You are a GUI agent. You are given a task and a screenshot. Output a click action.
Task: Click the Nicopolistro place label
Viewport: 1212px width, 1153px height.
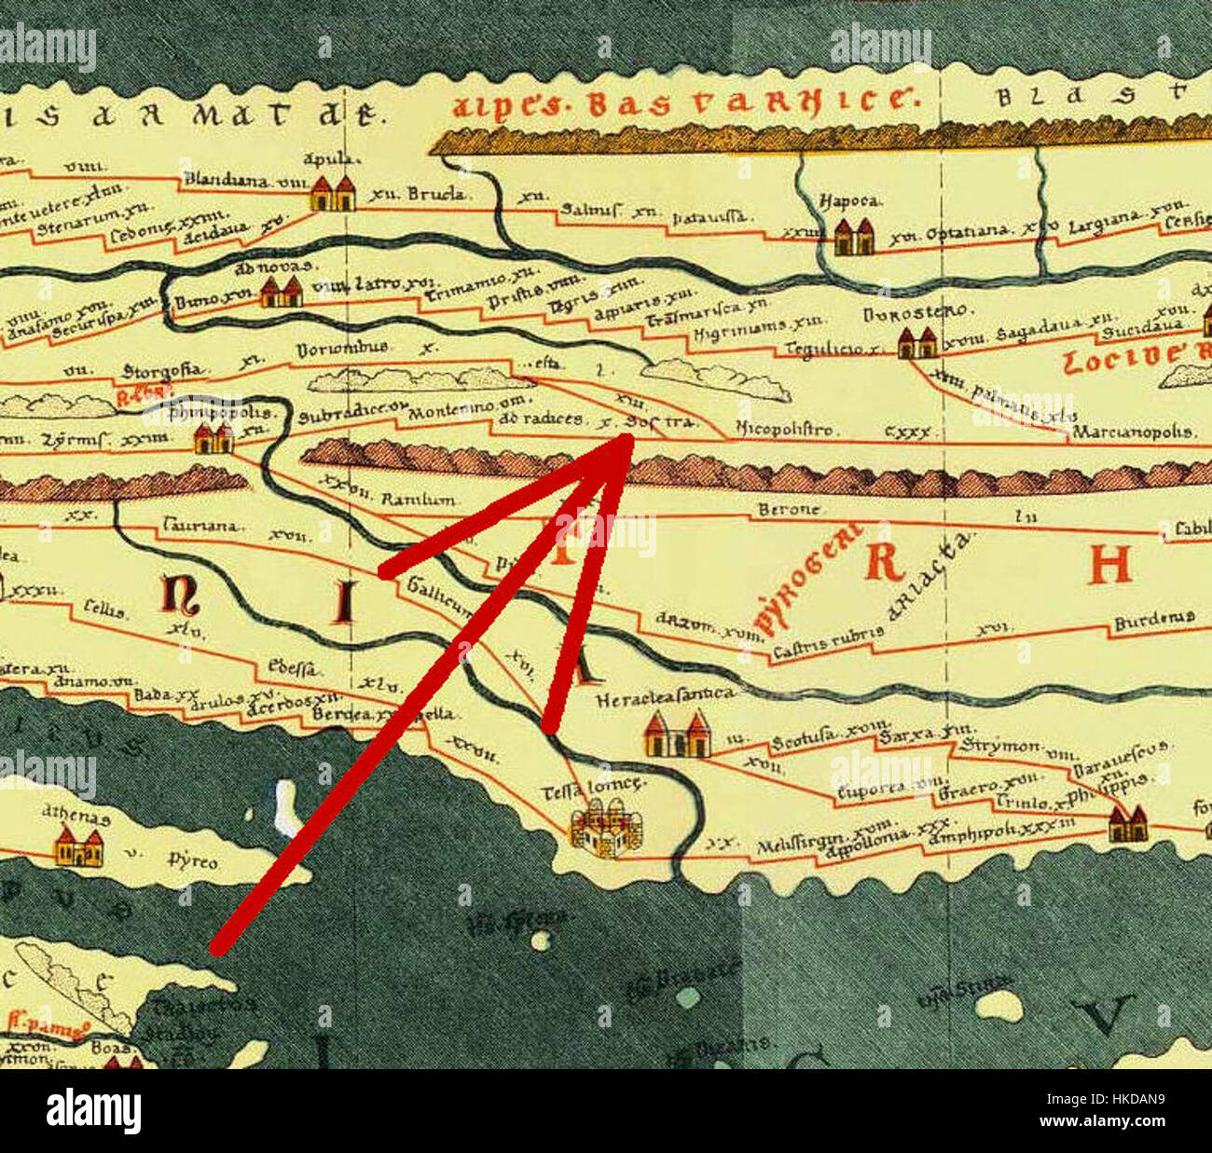[785, 430]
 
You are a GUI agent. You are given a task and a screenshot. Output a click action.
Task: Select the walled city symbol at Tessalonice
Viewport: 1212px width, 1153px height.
[607, 833]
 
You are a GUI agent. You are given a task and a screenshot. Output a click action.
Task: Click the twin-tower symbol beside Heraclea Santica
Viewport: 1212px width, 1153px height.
[677, 734]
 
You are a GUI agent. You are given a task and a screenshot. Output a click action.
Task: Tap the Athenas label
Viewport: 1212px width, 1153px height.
[76, 817]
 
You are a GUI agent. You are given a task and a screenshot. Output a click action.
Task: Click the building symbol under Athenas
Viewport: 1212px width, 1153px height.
[78, 848]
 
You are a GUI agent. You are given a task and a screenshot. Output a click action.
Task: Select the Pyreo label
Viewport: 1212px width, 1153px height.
[193, 861]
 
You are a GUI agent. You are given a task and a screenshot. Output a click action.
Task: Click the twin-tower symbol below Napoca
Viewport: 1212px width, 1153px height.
[853, 237]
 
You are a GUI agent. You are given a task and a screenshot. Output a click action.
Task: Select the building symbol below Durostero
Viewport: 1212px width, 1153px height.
[916, 344]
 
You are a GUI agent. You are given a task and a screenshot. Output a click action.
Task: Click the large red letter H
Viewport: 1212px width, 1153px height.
[1109, 563]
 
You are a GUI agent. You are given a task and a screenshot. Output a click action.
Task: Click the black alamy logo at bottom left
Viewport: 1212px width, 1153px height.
[93, 1112]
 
